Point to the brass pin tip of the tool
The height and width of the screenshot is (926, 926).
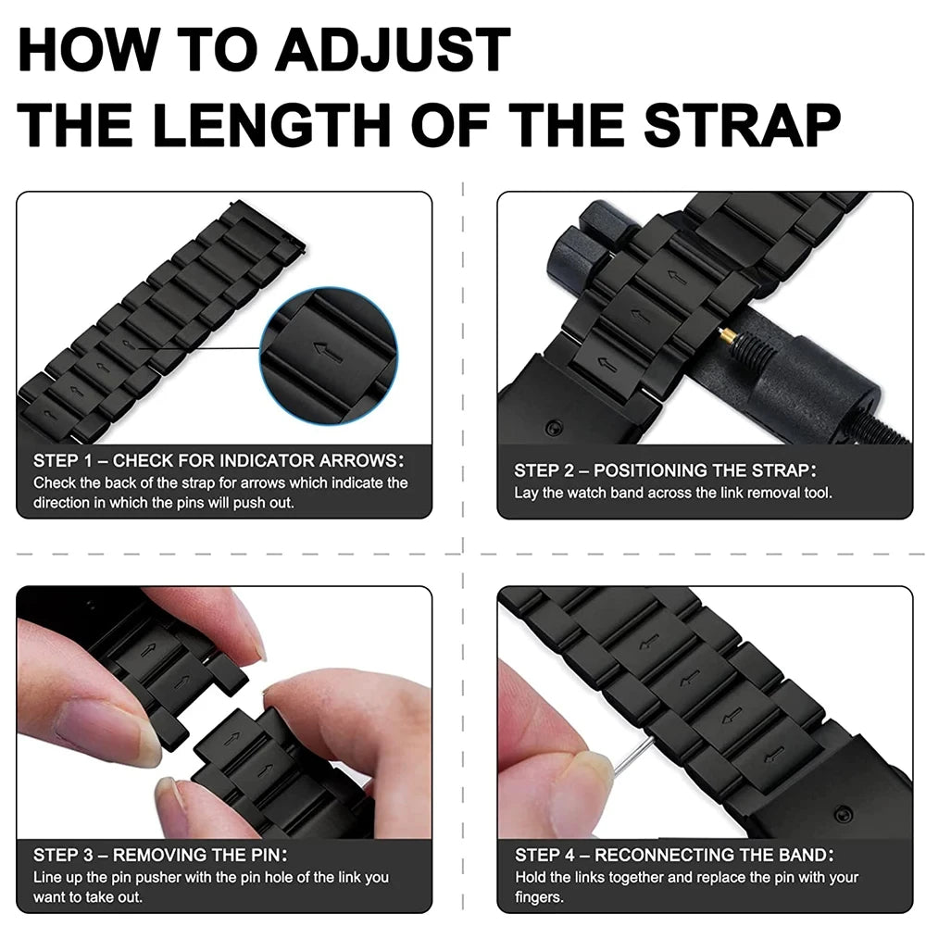pyautogui.click(x=728, y=339)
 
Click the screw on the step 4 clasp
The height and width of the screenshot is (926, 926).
pyautogui.click(x=842, y=814)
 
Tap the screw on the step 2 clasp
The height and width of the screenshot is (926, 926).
pyautogui.click(x=554, y=428)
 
